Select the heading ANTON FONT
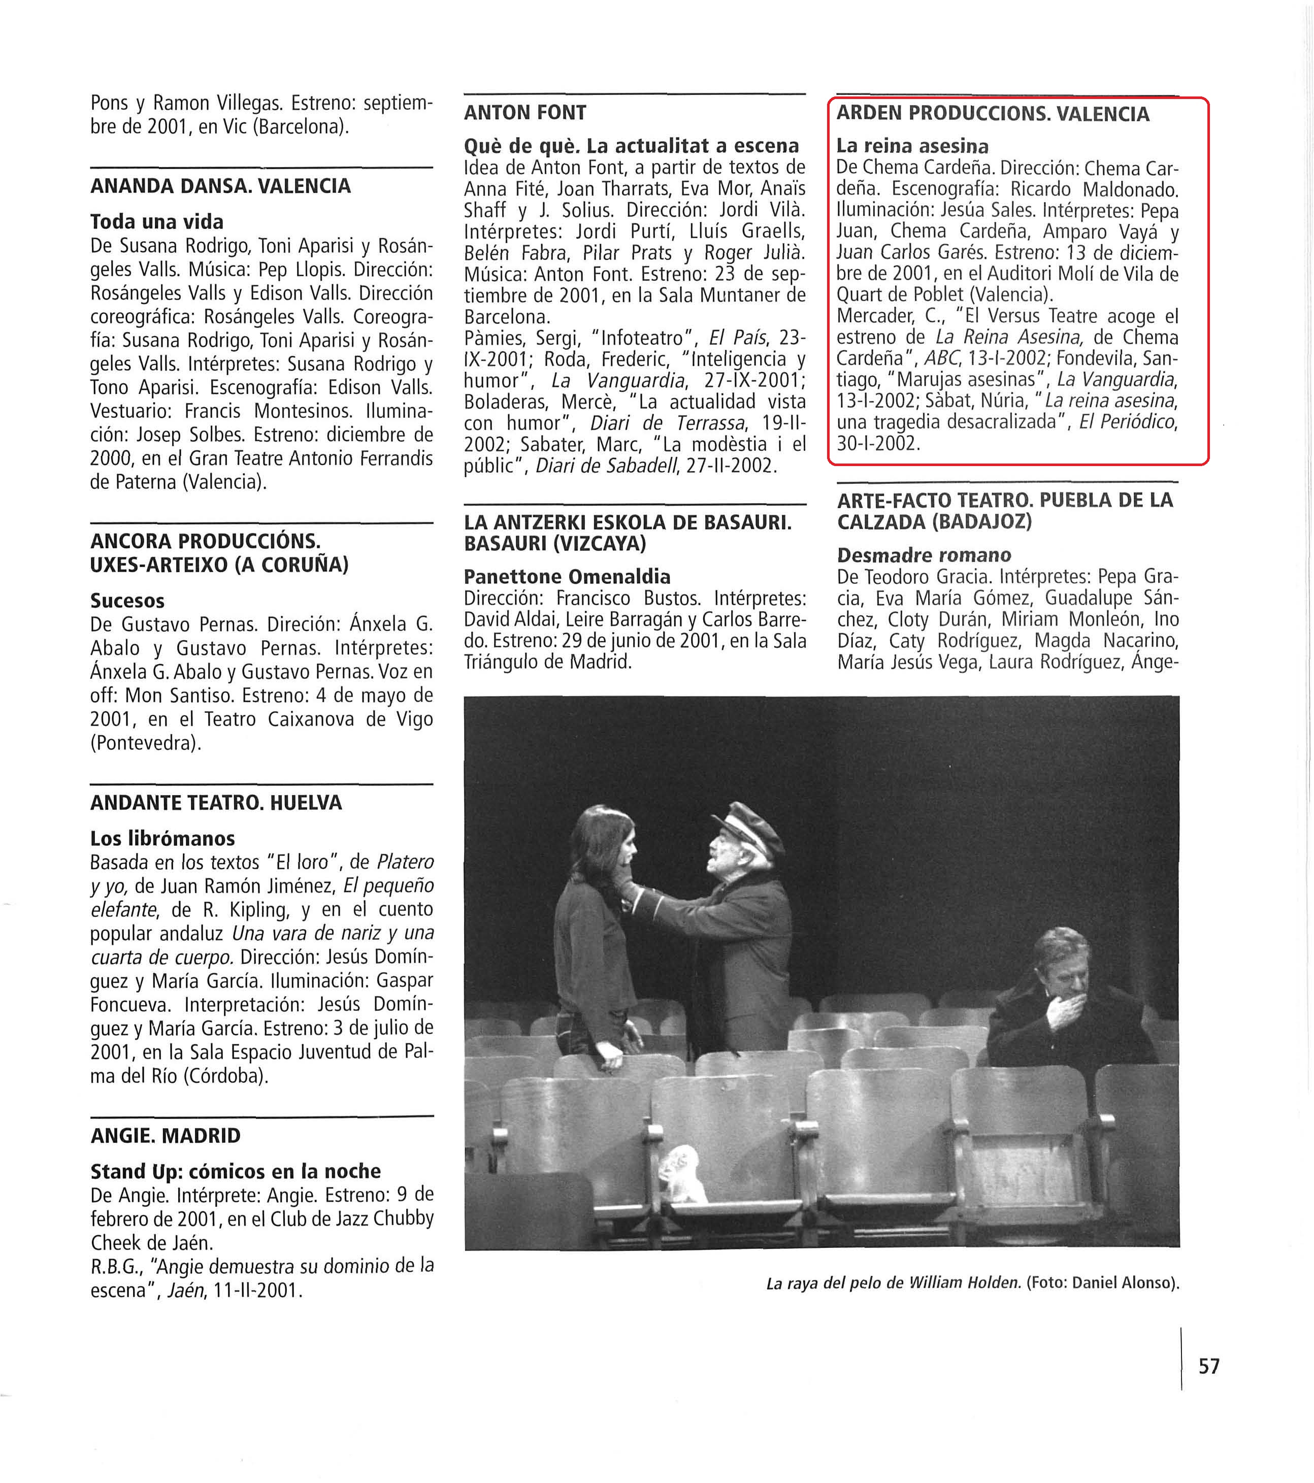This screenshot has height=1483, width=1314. pyautogui.click(x=524, y=113)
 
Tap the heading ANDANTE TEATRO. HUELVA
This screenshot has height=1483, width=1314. pyautogui.click(x=215, y=803)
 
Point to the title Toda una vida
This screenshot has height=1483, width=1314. pyautogui.click(x=157, y=221)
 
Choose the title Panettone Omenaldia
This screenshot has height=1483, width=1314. pyautogui.click(x=567, y=576)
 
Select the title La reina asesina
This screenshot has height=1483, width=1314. pyautogui.click(x=912, y=146)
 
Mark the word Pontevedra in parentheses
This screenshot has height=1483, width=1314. pyautogui.click(x=145, y=743)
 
